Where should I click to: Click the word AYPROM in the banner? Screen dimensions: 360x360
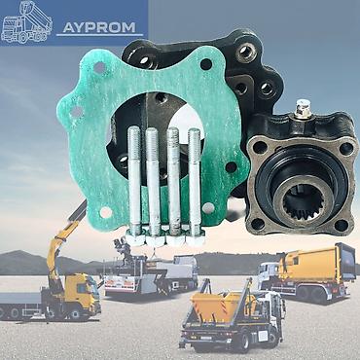click(99, 27)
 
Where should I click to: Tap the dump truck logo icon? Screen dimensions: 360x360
click(26, 22)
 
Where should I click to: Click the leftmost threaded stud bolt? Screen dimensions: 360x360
click(134, 180)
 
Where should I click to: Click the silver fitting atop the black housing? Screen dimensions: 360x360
click(304, 110)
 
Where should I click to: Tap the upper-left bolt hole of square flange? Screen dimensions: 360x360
click(260, 148)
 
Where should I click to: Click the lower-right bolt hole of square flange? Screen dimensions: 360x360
click(342, 225)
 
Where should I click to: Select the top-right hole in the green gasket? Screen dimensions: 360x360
click(206, 64)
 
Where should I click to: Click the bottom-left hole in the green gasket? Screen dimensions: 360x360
click(106, 212)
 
